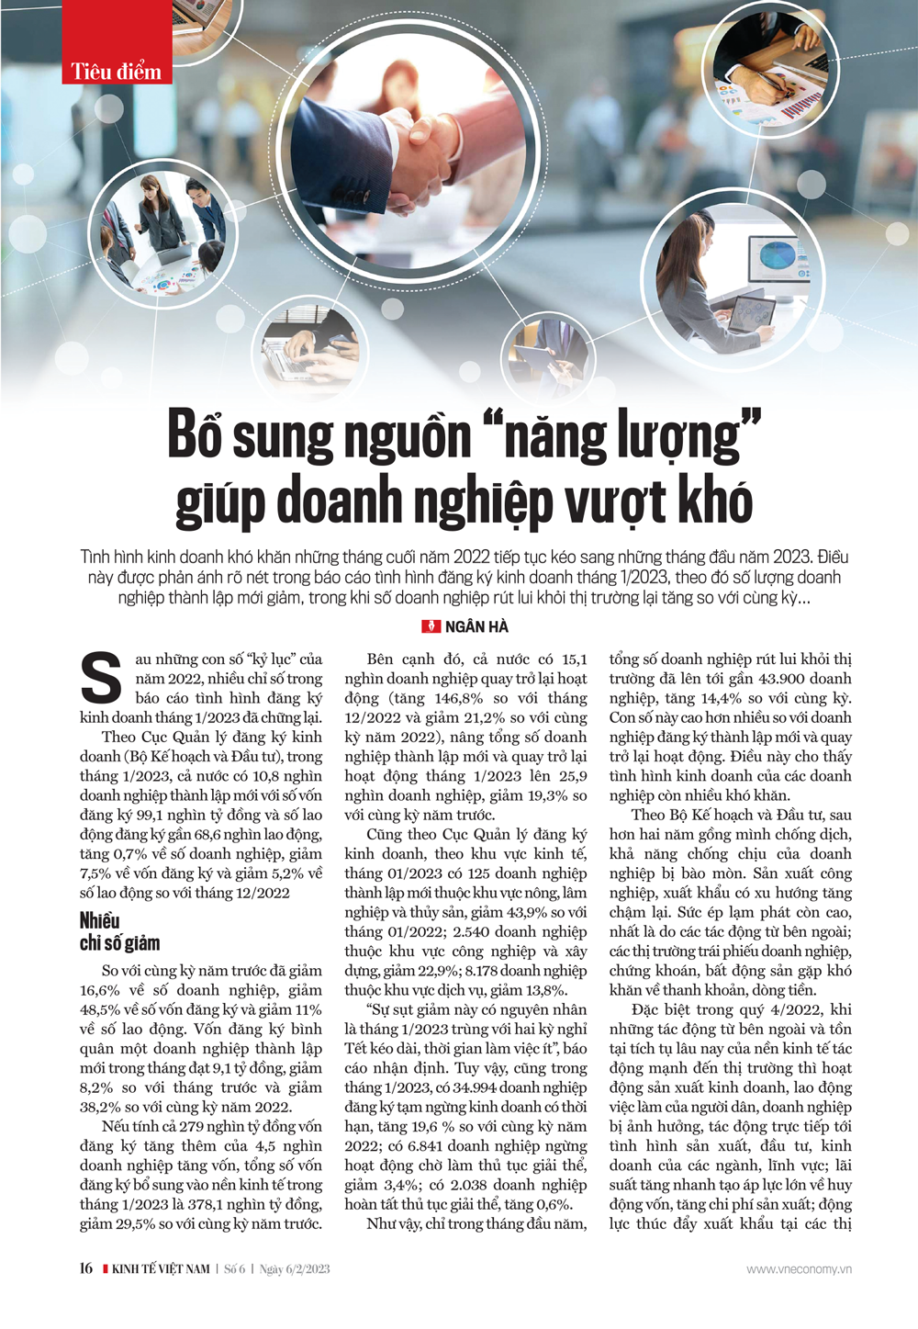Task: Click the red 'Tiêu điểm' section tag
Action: tap(117, 71)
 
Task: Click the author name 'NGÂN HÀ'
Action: tap(476, 627)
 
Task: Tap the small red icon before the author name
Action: tap(431, 627)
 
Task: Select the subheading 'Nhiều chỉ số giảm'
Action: tap(119, 931)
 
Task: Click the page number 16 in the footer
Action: tap(85, 1268)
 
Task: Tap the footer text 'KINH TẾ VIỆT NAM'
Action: tap(161, 1269)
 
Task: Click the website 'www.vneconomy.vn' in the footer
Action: tap(799, 1269)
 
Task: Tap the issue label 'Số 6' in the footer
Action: tap(235, 1269)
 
